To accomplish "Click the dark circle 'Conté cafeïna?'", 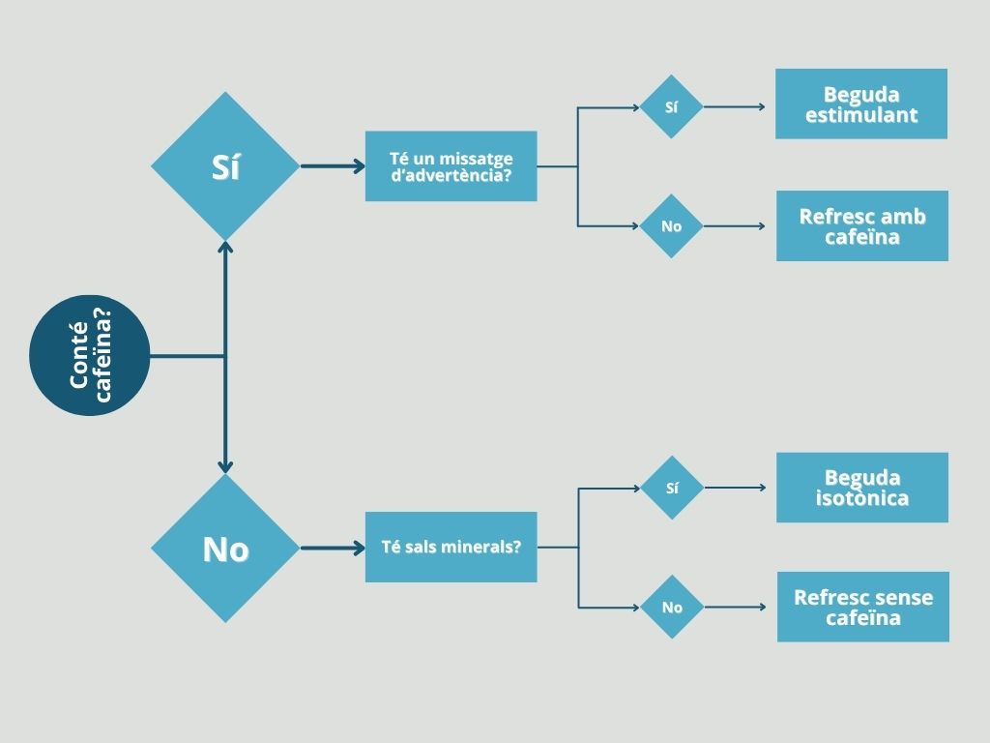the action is [90, 355].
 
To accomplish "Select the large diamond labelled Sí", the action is [225, 166].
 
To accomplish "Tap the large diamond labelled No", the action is [225, 548].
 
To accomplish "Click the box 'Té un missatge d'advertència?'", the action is [451, 166].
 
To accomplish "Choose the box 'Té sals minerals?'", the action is [451, 548].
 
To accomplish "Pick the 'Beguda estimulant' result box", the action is [861, 104].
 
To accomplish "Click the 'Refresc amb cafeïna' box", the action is [861, 225].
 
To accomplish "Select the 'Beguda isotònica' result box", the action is [861, 488].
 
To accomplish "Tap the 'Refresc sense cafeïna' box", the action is [862, 607].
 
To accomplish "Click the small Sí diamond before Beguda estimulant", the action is [671, 106].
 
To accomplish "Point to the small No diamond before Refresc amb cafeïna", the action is [671, 225].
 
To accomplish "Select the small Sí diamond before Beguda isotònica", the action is [672, 488].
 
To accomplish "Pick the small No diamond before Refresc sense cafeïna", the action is [672, 607].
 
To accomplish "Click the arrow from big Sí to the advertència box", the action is [333, 166].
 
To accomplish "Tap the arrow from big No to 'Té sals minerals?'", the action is [333, 548].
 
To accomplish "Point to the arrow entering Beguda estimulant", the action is [735, 106].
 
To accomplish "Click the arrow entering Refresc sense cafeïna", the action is [735, 607].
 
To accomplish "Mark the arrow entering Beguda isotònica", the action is [735, 488].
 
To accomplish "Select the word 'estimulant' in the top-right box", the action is [861, 115].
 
